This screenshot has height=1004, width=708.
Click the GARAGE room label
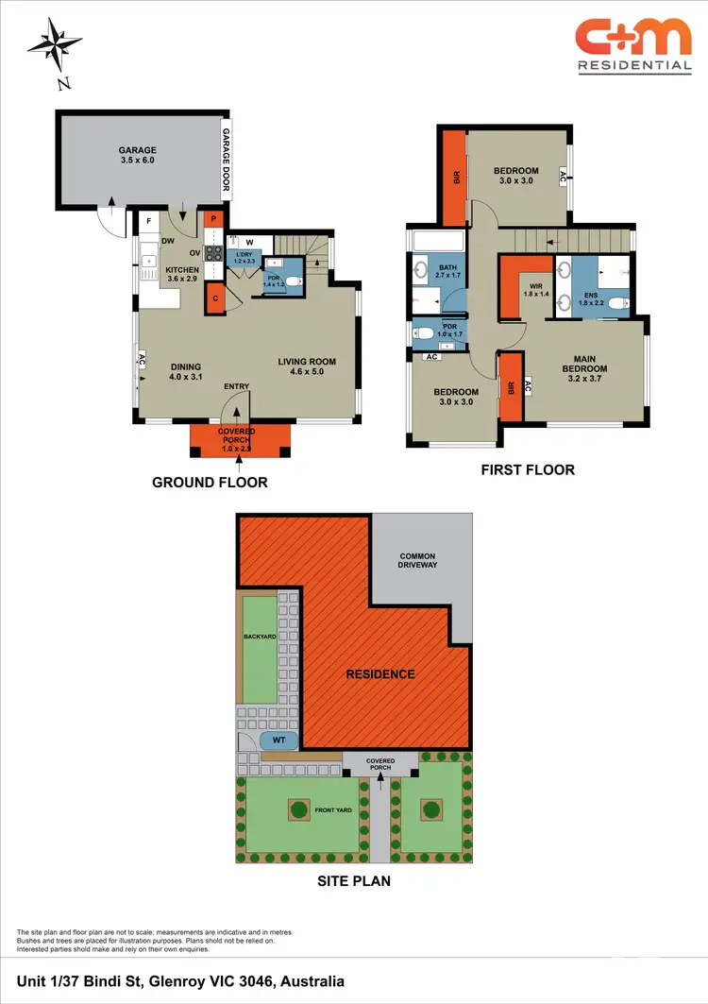point(137,155)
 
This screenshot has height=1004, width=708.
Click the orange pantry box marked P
point(213,220)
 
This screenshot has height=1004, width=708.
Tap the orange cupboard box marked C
point(214,298)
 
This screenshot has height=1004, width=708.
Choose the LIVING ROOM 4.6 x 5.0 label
point(306,366)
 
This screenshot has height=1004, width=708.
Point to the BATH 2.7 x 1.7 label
point(447,273)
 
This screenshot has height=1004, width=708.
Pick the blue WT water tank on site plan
point(278,739)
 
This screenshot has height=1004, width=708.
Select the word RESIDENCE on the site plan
point(379,673)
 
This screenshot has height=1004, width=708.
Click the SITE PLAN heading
point(353,881)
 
